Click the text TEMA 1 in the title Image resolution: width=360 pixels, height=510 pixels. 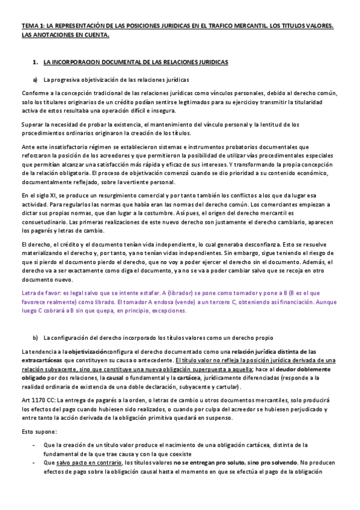click(31, 26)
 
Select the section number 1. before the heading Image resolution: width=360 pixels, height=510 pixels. click(35, 62)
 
